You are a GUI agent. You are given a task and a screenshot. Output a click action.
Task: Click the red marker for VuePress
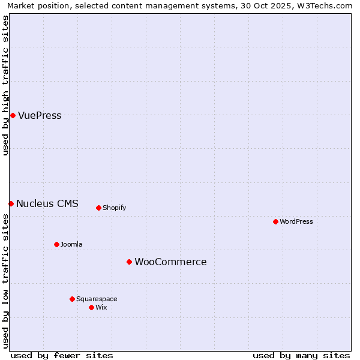pos(13,115)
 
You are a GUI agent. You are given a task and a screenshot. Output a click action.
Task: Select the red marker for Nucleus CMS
pos(11,203)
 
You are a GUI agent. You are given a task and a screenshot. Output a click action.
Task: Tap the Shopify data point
pos(98,208)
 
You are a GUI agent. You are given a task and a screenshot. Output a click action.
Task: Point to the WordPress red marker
pos(275,221)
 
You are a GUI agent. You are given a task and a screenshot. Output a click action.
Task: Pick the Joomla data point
pos(56,244)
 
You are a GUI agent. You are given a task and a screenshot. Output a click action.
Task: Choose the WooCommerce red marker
pos(129,262)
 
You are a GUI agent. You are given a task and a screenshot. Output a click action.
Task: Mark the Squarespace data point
pos(72,299)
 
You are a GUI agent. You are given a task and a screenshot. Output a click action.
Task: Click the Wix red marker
pos(91,307)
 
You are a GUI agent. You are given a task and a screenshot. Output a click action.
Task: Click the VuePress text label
pos(40,116)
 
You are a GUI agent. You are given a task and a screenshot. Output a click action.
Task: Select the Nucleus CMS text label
pos(47,203)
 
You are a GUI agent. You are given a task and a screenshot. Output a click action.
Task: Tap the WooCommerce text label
pos(170,262)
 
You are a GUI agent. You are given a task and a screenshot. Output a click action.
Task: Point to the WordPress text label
pos(296,222)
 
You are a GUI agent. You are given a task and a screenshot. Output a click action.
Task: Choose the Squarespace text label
pos(97,299)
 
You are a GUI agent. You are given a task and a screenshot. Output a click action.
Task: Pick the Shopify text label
pos(114,208)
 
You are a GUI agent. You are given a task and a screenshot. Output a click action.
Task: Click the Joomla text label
pos(71,245)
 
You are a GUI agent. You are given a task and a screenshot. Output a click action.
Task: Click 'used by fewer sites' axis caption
pos(62,355)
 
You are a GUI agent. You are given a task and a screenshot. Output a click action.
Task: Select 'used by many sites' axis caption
pos(301,355)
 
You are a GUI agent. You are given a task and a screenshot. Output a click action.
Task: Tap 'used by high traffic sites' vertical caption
pos(5,85)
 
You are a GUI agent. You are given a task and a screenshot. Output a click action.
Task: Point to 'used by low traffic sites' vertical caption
pos(5,281)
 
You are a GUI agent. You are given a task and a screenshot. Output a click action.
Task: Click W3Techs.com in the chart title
pos(325,6)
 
